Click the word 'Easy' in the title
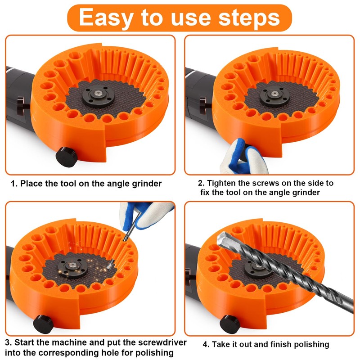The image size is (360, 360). [x=106, y=18]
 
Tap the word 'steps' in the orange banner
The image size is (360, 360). [x=249, y=17]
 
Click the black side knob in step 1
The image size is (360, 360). [x=67, y=157]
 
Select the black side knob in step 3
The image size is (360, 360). [x=43, y=324]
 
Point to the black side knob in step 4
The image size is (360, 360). [x=230, y=324]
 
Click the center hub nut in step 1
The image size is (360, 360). [x=98, y=93]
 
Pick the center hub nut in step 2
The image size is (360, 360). [x=274, y=94]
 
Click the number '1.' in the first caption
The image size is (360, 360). [x=14, y=184]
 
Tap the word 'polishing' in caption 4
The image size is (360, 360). [x=311, y=345]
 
